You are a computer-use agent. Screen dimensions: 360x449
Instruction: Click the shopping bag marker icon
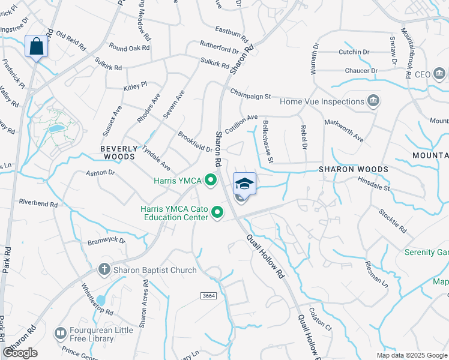(x=36, y=46)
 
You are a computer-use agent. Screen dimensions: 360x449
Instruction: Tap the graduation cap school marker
(x=244, y=184)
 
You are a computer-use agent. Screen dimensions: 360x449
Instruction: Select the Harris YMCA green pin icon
(x=211, y=179)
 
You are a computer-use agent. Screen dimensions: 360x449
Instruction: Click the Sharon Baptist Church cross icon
(x=104, y=269)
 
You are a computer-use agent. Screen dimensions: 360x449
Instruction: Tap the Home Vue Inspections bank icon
(x=373, y=100)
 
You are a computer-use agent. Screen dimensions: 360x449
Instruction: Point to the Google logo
(x=20, y=353)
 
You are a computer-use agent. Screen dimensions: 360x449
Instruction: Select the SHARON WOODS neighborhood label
(x=353, y=169)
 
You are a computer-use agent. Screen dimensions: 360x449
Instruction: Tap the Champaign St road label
(x=251, y=94)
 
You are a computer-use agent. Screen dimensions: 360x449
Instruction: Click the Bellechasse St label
(x=268, y=142)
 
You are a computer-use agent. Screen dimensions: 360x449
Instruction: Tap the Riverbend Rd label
(x=38, y=203)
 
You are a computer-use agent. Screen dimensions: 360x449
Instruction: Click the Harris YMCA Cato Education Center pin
(x=217, y=212)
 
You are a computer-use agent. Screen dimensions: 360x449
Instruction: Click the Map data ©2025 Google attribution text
(x=411, y=355)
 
